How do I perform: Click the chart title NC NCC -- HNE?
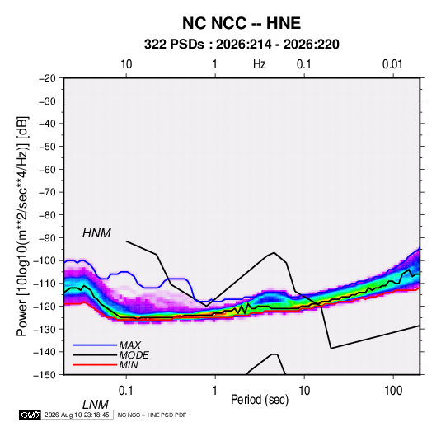[x=242, y=23]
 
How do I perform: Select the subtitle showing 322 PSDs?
[x=242, y=45]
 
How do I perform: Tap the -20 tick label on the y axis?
[x=47, y=78]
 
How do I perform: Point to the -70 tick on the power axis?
[x=47, y=192]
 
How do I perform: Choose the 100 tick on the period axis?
[x=393, y=391]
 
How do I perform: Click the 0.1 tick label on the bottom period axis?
[x=126, y=391]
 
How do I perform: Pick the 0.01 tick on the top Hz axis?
[x=392, y=64]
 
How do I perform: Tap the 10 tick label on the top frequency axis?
[x=126, y=64]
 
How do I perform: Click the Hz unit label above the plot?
[x=260, y=64]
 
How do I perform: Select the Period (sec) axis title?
[x=260, y=400]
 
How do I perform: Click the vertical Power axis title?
[x=22, y=227]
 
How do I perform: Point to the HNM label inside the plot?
[x=96, y=233]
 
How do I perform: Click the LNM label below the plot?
[x=96, y=405]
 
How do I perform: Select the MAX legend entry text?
[x=130, y=345]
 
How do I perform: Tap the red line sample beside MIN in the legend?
[x=95, y=365]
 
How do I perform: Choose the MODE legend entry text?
[x=134, y=355]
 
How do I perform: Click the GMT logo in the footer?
[x=30, y=415]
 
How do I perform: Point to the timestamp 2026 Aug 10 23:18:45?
[x=77, y=415]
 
